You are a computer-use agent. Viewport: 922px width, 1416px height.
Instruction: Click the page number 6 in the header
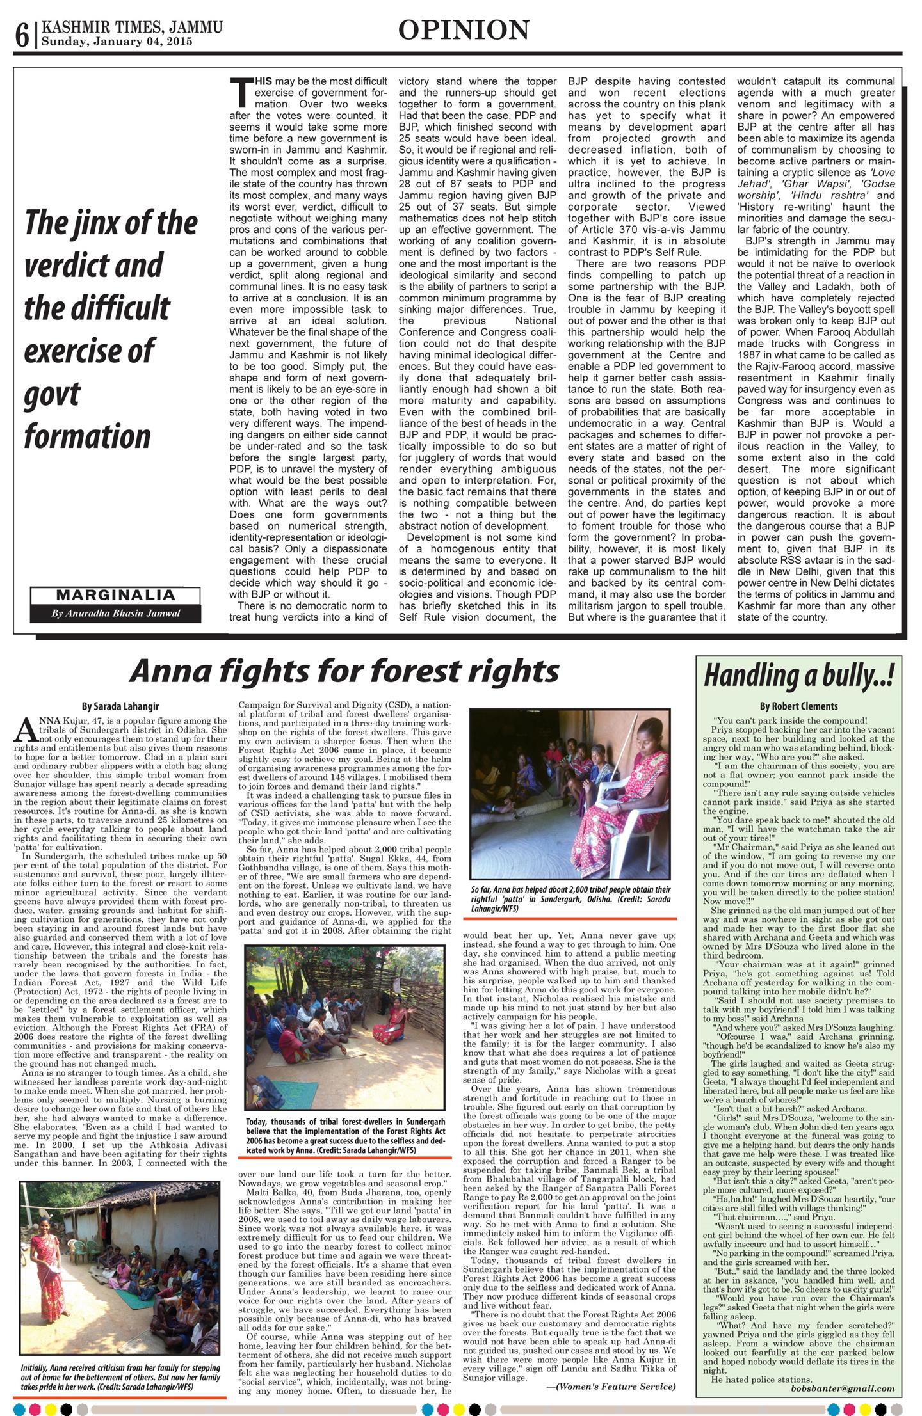click(22, 36)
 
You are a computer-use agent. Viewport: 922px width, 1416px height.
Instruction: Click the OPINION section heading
click(464, 30)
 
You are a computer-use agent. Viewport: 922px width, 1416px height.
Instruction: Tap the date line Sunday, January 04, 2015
click(117, 42)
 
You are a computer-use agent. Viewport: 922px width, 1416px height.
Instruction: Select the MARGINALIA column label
click(115, 595)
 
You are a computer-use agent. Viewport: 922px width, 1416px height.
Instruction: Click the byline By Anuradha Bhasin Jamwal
click(116, 613)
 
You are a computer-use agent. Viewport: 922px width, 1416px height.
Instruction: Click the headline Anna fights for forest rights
click(344, 671)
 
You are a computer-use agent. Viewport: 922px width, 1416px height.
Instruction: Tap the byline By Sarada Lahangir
click(120, 706)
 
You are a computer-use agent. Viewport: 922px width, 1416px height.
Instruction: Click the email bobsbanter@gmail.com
click(843, 1388)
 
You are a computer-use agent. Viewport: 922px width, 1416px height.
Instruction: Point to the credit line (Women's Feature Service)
click(611, 1386)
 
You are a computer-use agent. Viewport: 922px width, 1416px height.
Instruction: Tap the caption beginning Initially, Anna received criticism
click(120, 1377)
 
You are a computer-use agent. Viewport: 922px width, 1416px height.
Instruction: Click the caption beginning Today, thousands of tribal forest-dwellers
click(345, 1140)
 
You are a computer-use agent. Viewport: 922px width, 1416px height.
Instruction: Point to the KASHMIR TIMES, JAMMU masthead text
click(132, 28)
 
